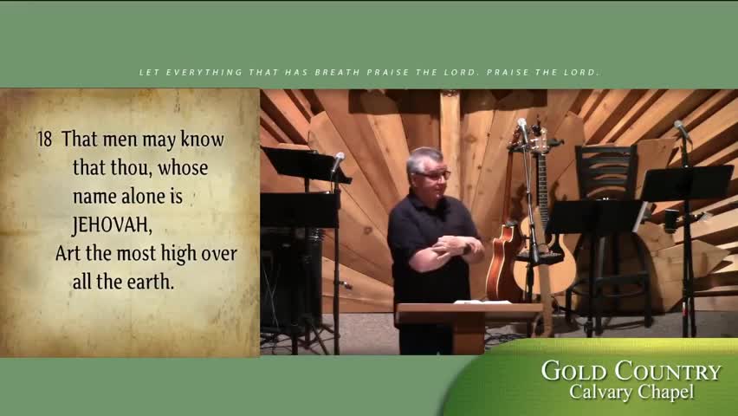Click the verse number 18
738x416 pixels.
[45, 139]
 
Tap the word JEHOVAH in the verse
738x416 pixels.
[112, 224]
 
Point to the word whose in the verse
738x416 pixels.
[183, 168]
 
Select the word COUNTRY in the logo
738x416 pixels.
[668, 371]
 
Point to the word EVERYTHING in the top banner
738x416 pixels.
[204, 72]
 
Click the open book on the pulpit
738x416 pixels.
[482, 302]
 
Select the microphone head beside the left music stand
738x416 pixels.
[338, 161]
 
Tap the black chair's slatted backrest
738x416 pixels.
[606, 172]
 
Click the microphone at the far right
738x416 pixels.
[682, 129]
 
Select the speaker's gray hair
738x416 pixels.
[424, 158]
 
